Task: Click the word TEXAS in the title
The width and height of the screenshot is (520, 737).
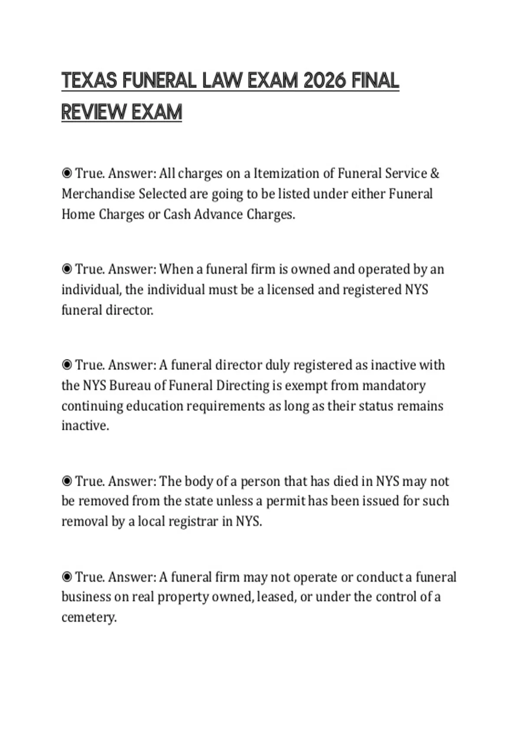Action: coord(89,81)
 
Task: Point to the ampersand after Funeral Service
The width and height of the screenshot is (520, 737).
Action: coord(435,173)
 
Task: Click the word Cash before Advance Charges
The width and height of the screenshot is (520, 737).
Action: coord(177,214)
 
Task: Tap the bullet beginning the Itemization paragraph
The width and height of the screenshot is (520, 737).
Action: coord(67,173)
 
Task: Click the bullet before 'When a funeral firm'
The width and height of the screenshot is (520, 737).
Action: coord(67,269)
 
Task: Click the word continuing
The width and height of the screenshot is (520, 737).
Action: coord(92,406)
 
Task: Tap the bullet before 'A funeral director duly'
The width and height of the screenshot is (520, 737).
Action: coord(67,365)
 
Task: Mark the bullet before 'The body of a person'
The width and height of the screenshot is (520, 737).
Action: coord(67,481)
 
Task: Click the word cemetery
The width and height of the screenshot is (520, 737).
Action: coord(89,617)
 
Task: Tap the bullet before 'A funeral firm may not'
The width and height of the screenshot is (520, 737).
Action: coord(67,577)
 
